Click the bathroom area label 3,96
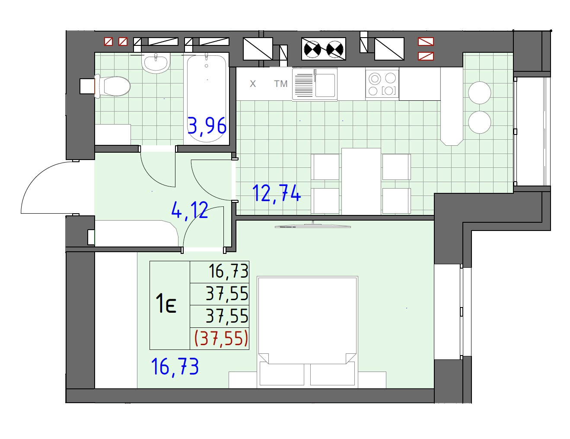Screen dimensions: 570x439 click(207, 126)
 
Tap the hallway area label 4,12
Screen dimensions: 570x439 click(190, 210)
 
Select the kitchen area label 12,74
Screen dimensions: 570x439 click(276, 193)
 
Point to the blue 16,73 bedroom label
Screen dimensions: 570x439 click(175, 367)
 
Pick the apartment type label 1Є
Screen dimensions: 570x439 click(166, 304)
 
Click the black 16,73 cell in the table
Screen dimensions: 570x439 click(228, 271)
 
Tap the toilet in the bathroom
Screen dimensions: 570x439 click(112, 86)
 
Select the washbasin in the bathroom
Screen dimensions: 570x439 click(156, 63)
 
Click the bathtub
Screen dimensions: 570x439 click(207, 99)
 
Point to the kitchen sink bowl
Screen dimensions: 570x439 click(325, 86)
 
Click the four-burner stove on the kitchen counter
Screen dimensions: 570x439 click(382, 84)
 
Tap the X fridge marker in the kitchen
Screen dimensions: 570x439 click(253, 84)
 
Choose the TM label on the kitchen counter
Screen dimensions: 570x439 click(280, 84)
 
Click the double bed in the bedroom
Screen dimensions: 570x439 click(307, 332)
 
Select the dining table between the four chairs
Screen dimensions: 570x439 click(361, 182)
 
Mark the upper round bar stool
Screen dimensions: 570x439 click(480, 93)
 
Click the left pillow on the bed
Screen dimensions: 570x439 click(282, 374)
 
